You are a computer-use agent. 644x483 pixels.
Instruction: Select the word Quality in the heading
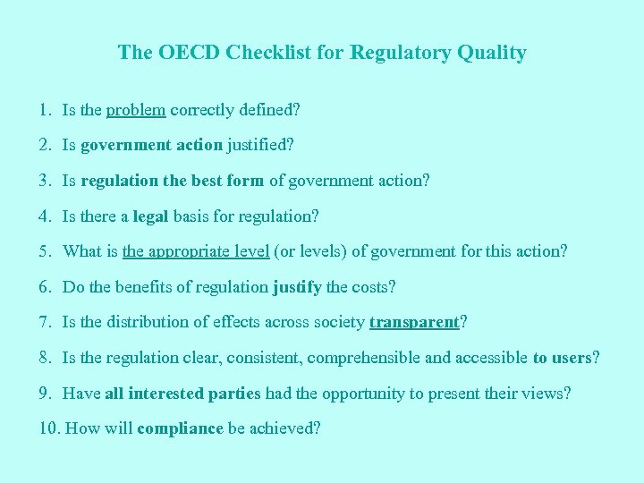click(490, 52)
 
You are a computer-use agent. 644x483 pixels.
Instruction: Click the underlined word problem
click(136, 110)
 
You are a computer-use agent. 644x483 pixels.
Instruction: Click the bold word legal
click(150, 216)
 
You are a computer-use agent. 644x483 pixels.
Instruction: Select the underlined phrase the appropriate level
click(196, 251)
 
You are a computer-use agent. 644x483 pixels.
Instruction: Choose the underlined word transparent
click(413, 322)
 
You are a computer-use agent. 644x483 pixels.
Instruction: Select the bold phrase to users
click(562, 358)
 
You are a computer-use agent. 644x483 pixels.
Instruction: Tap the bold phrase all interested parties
click(183, 394)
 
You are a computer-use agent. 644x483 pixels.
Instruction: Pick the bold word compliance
click(180, 428)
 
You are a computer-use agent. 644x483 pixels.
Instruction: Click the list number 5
click(47, 251)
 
